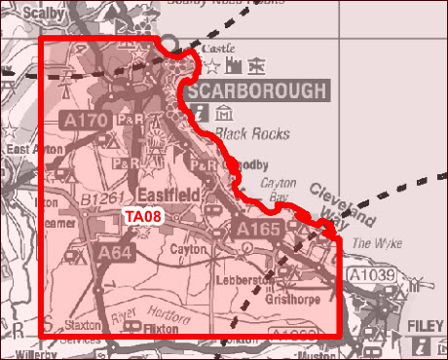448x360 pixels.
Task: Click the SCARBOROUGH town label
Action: coord(257,91)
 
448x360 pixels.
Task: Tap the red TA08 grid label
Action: coord(142,217)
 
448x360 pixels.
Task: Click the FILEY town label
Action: coord(426,322)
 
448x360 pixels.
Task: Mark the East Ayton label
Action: coord(26,150)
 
